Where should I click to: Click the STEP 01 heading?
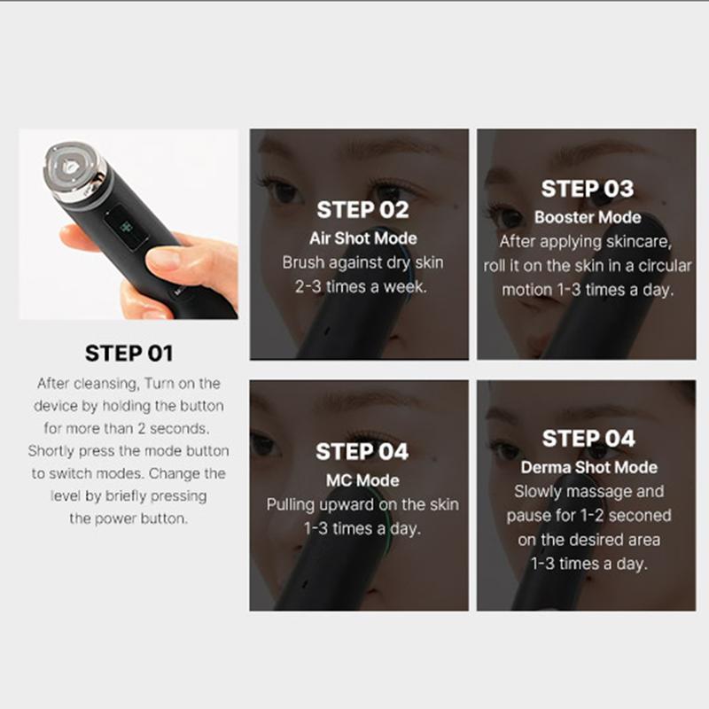129,354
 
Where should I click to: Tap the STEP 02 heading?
362,211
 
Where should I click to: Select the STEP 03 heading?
588,189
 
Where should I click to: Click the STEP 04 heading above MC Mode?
362,452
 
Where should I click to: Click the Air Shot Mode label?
362,238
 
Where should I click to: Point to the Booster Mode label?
588,217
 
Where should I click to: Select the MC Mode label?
362,480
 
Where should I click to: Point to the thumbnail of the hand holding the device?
129,224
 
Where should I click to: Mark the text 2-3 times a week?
362,286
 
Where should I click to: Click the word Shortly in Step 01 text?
55,450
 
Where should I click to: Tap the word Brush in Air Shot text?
303,262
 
